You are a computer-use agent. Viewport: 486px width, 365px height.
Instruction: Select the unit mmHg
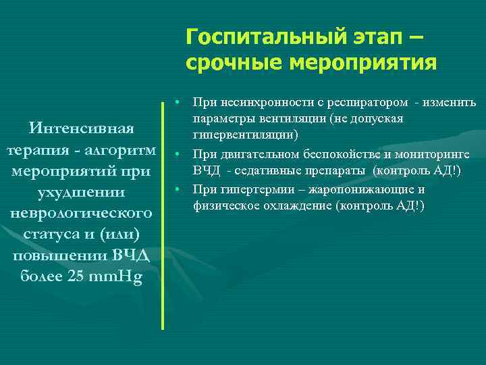pos(116,278)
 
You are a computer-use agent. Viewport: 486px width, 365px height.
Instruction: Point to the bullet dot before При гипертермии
pos(175,188)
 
